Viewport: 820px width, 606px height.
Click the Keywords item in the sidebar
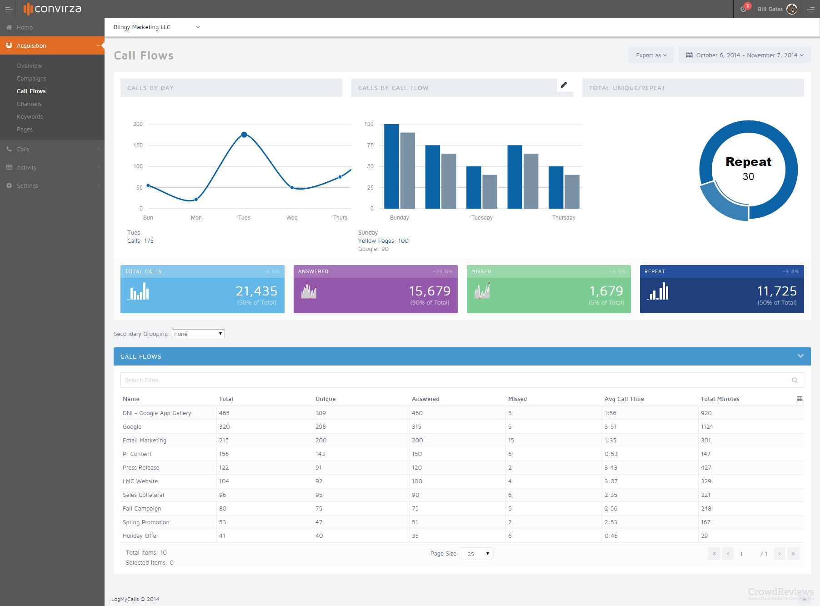tap(30, 117)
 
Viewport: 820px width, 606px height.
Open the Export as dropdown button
tap(651, 55)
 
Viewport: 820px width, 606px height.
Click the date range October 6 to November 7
tap(745, 55)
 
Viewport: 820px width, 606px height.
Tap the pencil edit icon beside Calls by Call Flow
tap(564, 85)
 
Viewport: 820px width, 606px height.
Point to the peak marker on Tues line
tap(244, 135)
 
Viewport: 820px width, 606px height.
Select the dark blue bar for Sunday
tap(391, 166)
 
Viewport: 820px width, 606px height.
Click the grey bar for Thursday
tap(572, 191)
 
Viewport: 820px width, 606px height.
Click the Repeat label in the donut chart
tap(748, 162)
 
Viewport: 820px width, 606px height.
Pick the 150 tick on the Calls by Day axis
tap(138, 145)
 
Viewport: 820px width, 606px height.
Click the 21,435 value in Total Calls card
tap(256, 291)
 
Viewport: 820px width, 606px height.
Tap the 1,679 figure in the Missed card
tap(606, 291)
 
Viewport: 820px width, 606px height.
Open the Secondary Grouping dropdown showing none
tap(198, 334)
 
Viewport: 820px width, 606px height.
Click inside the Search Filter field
tap(455, 380)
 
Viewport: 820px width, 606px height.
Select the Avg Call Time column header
tap(624, 399)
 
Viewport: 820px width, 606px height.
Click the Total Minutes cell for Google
tap(707, 427)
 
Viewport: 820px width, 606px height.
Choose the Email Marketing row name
tap(145, 441)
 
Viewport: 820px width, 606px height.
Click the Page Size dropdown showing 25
tap(476, 554)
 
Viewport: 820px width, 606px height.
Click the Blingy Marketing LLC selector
tap(156, 27)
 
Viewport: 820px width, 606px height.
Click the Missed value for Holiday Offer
tap(510, 536)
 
